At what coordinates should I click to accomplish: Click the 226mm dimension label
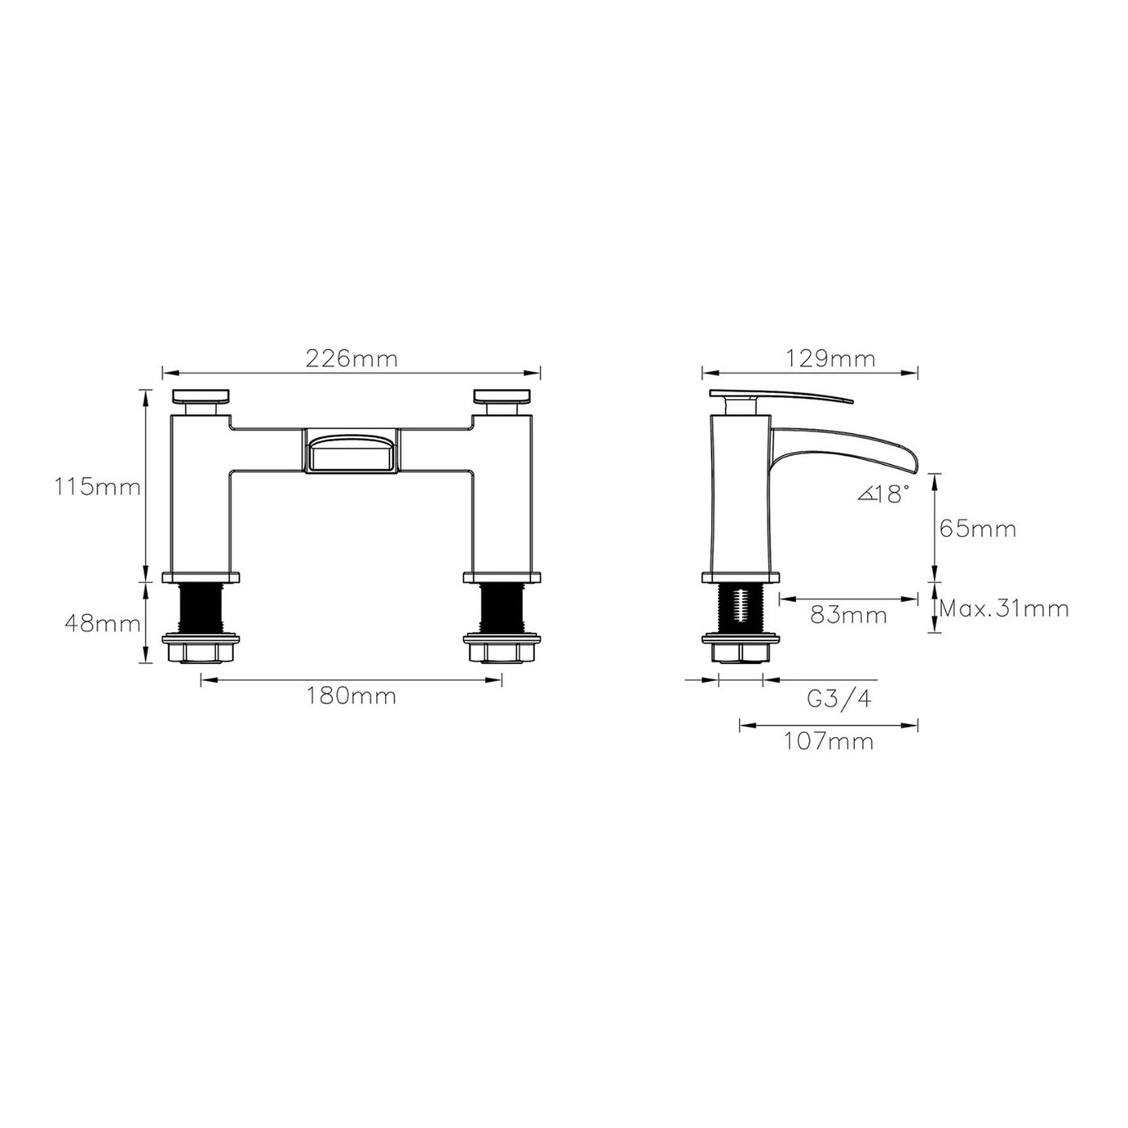(x=351, y=358)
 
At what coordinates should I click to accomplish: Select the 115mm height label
(x=98, y=488)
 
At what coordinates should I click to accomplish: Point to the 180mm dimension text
(x=351, y=696)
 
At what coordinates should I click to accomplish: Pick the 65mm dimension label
(x=978, y=529)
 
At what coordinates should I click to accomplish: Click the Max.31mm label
(x=1003, y=608)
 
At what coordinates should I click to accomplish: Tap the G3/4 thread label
(x=838, y=699)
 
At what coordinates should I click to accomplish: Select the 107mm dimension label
(x=828, y=741)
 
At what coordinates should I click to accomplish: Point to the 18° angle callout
(x=882, y=493)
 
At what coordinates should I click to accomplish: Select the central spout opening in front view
(x=352, y=451)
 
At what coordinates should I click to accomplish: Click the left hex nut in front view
(x=202, y=650)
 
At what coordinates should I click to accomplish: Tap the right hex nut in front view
(x=502, y=650)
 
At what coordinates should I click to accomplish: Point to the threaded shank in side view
(x=741, y=608)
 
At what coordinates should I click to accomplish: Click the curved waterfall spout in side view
(x=848, y=440)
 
